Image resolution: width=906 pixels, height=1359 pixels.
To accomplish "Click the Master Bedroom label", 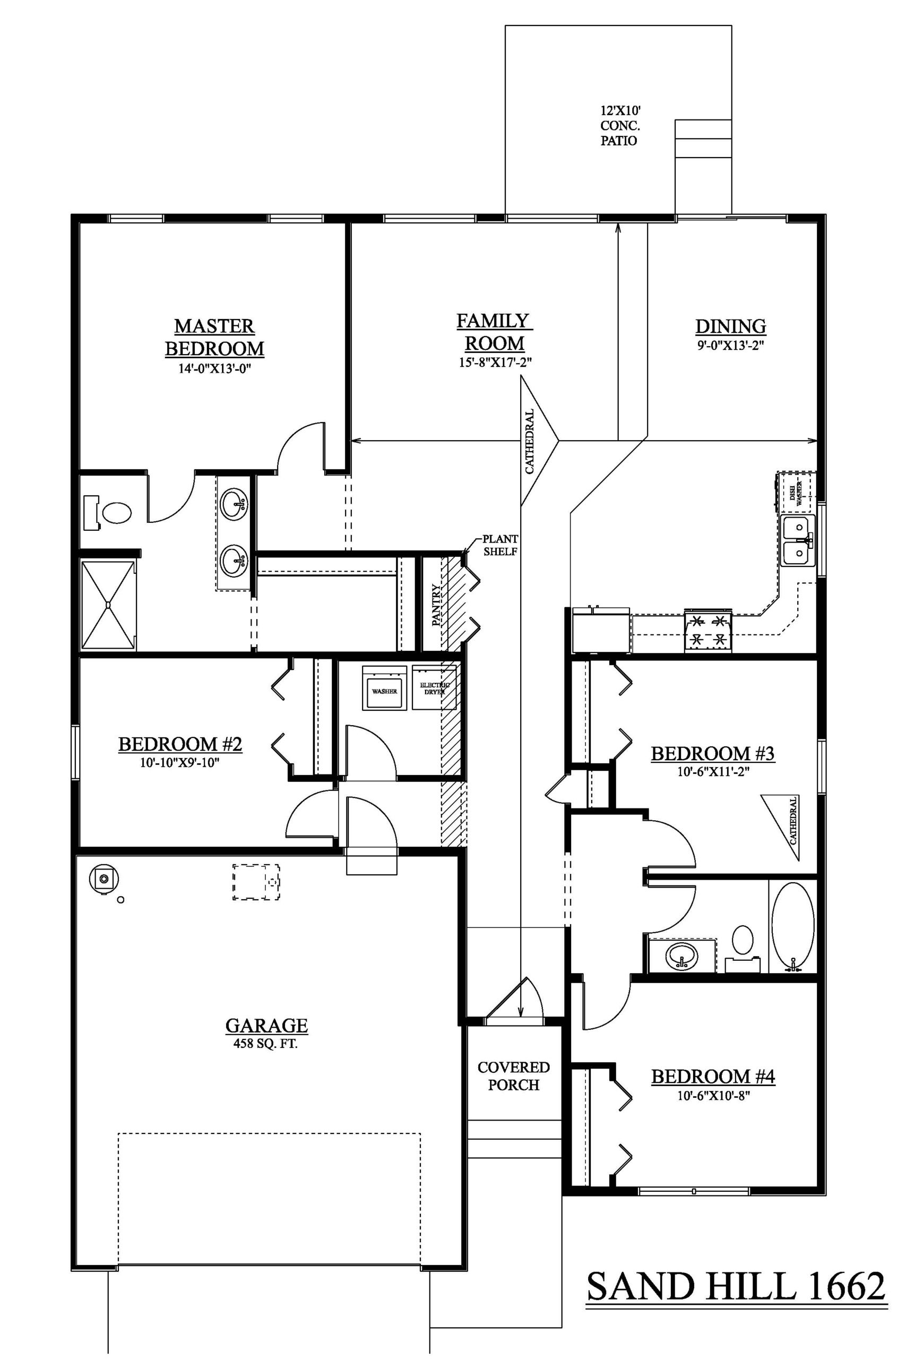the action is click(x=214, y=338).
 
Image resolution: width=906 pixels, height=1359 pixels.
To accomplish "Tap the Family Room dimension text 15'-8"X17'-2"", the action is click(x=495, y=363).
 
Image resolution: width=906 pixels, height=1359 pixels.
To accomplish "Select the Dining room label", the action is click(x=730, y=326).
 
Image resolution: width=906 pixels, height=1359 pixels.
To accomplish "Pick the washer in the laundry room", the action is click(x=384, y=687).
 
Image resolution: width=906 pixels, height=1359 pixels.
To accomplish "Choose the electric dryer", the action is click(x=435, y=687).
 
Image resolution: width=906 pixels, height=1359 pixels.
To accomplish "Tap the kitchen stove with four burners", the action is click(x=708, y=630).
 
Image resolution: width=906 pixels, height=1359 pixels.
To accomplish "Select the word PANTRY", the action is click(x=436, y=605).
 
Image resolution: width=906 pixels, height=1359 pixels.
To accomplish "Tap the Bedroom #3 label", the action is click(x=712, y=753).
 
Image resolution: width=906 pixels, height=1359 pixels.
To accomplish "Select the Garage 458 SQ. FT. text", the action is click(x=266, y=1044).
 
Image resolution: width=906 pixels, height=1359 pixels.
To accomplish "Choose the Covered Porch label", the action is click(x=514, y=1076).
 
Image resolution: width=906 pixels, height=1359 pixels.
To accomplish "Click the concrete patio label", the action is click(x=619, y=125).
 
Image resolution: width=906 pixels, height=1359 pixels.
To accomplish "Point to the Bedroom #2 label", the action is click(x=180, y=744).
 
